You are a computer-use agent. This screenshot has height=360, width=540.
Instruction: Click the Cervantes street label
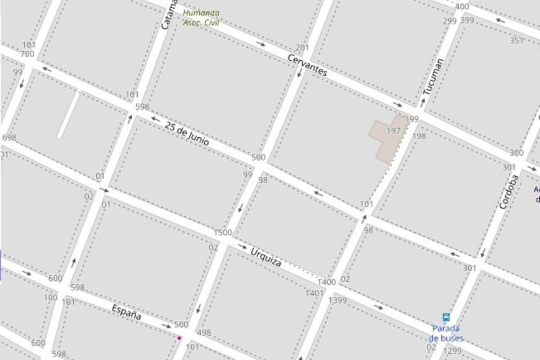(x=307, y=65)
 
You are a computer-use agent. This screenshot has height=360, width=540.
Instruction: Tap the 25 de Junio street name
(x=186, y=134)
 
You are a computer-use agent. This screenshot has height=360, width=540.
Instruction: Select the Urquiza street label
(x=266, y=256)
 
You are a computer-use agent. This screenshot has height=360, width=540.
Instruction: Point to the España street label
(x=127, y=312)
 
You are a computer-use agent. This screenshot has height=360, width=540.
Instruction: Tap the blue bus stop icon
(x=446, y=317)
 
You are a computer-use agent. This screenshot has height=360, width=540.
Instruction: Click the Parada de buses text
(x=446, y=333)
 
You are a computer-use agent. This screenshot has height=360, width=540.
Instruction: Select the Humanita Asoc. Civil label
(x=200, y=17)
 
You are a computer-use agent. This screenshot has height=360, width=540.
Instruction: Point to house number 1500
(x=223, y=233)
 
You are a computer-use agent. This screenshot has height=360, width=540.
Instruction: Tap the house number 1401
(x=315, y=293)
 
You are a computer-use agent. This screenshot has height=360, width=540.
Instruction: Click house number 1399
(x=338, y=301)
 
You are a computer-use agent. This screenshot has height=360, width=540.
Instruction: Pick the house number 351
(x=516, y=41)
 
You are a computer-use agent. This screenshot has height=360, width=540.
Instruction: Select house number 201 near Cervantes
(x=302, y=48)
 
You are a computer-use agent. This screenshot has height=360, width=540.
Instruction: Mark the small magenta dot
(x=179, y=338)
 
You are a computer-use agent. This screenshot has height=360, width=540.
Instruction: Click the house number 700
(x=27, y=54)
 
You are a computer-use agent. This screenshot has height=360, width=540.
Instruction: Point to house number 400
(x=462, y=7)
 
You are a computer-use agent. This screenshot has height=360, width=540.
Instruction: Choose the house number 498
(x=204, y=333)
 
